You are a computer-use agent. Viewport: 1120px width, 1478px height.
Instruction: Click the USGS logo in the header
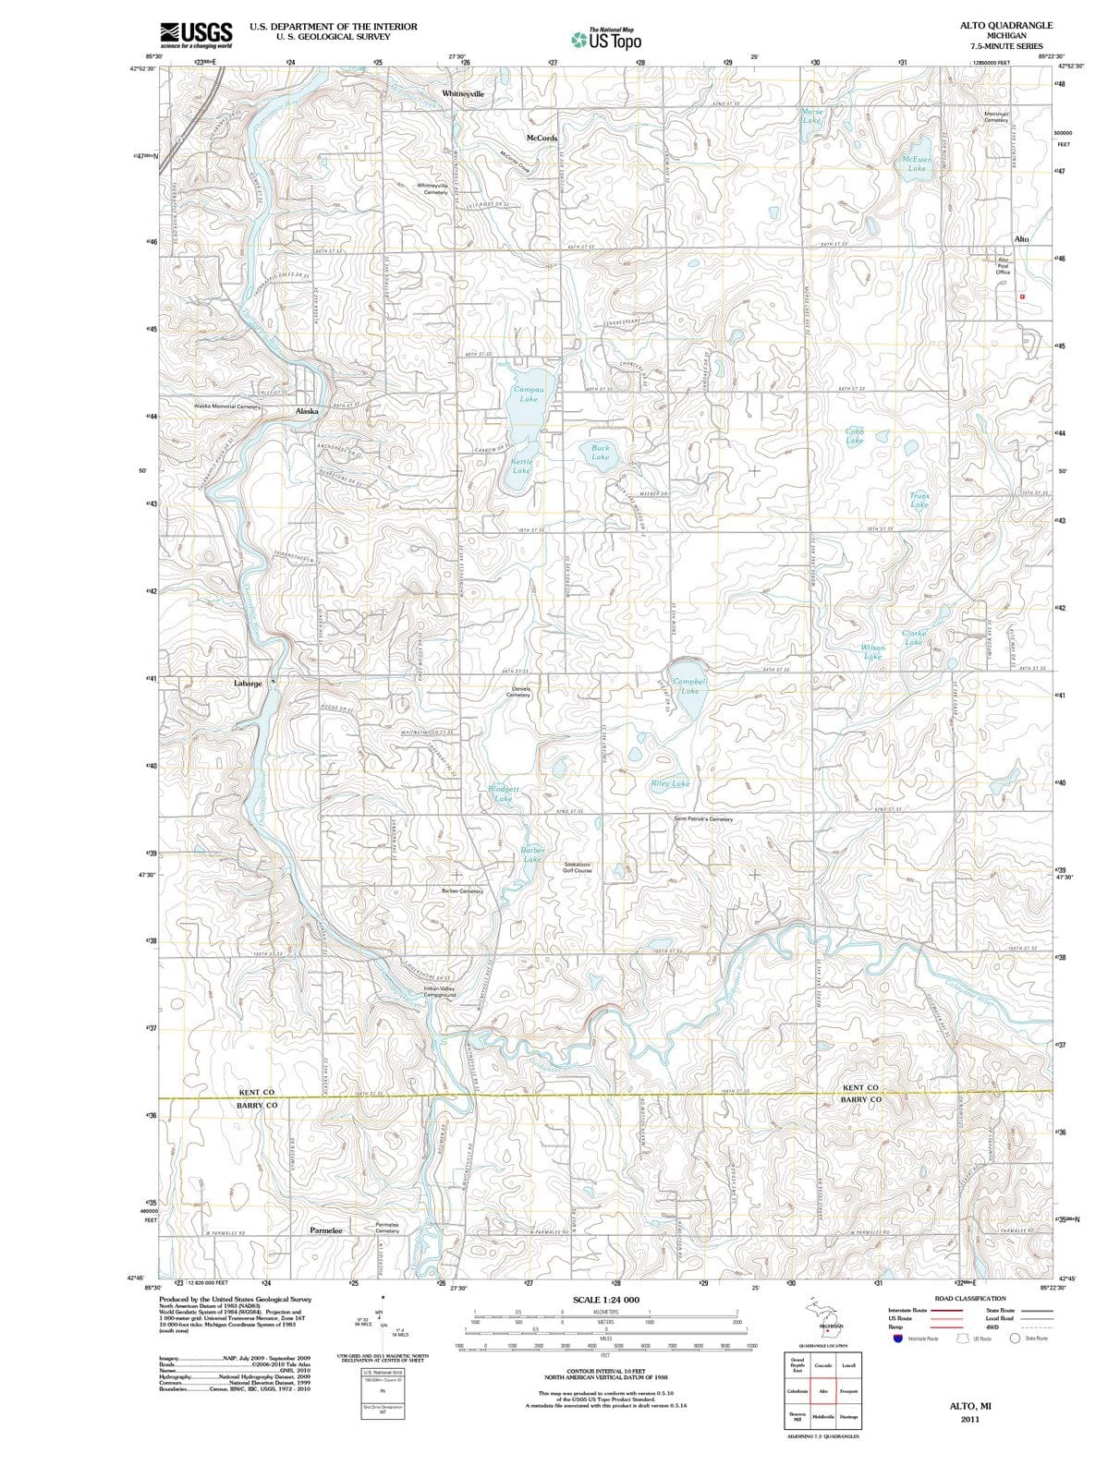(x=197, y=34)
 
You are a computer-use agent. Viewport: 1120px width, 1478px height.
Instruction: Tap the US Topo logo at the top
(x=604, y=40)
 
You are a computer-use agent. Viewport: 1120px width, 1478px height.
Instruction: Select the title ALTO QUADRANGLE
(x=1006, y=26)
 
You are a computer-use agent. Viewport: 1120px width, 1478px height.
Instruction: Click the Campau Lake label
(x=529, y=394)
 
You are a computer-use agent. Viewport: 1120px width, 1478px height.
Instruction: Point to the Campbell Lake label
(x=690, y=685)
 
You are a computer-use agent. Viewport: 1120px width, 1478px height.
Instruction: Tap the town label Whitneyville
(x=463, y=94)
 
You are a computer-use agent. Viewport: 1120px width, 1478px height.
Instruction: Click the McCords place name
(x=542, y=138)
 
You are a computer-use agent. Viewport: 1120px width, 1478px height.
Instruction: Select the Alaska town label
(x=307, y=411)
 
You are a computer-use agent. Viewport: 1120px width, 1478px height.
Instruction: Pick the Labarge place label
(x=248, y=684)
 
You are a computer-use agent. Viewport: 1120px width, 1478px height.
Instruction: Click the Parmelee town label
(x=325, y=1230)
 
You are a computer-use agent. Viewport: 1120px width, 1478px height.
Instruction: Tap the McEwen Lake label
(x=916, y=164)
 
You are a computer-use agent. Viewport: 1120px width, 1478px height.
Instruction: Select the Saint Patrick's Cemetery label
(x=703, y=819)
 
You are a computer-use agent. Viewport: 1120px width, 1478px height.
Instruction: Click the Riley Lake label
(x=670, y=783)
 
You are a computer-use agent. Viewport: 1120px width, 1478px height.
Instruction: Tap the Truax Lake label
(x=919, y=500)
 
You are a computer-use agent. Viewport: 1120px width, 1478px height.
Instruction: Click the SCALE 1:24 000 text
(x=605, y=1300)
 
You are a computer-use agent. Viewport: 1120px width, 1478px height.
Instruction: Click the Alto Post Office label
(x=1004, y=266)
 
